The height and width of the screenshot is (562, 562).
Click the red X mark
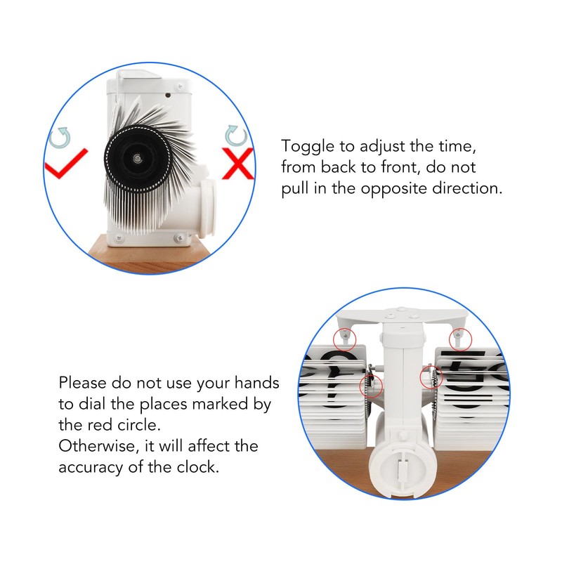237,164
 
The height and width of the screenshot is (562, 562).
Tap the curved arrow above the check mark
60,138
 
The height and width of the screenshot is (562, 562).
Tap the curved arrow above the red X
236,136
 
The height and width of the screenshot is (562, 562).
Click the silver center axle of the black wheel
137,159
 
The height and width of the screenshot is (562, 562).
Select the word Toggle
308,147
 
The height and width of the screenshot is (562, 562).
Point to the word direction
467,188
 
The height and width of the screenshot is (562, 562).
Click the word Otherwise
99,446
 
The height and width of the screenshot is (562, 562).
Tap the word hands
256,383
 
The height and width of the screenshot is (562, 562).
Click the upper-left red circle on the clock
344,339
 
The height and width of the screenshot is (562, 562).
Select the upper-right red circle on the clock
461,339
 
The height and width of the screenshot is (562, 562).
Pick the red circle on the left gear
371,386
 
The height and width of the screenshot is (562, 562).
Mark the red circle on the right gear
431,377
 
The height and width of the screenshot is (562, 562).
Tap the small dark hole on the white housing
168,95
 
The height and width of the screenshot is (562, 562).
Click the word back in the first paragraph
341,167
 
